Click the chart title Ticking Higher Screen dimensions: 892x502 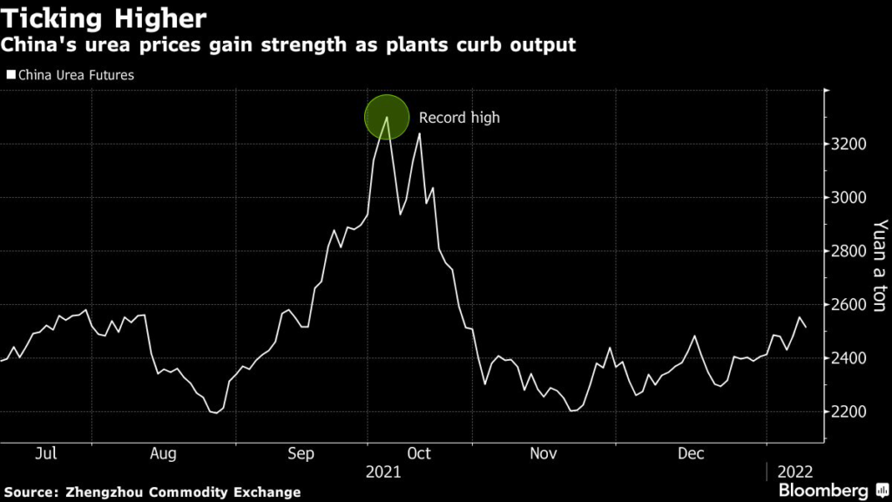coord(104,19)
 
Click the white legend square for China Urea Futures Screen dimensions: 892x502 coord(10,75)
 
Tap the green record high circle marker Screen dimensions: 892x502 coord(387,118)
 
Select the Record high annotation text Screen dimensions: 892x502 coord(459,118)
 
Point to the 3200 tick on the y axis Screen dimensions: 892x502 coord(848,144)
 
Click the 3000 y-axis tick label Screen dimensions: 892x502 coord(848,198)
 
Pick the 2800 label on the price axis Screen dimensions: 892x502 coord(848,251)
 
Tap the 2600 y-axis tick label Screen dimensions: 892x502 coord(848,304)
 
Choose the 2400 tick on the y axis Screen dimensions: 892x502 coord(848,358)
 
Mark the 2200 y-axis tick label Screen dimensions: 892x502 coord(848,411)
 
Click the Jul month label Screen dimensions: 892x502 coord(46,453)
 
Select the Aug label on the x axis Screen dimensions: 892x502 coord(163,453)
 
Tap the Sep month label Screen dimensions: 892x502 coord(301,453)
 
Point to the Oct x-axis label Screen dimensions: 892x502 coord(419,453)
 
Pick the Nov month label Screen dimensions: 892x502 coord(544,453)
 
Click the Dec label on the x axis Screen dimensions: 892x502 coord(691,453)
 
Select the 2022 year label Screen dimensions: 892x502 coord(795,471)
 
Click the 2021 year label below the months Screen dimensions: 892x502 coord(383,471)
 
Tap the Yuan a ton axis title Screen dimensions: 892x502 coord(880,265)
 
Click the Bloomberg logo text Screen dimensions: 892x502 coord(823,490)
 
